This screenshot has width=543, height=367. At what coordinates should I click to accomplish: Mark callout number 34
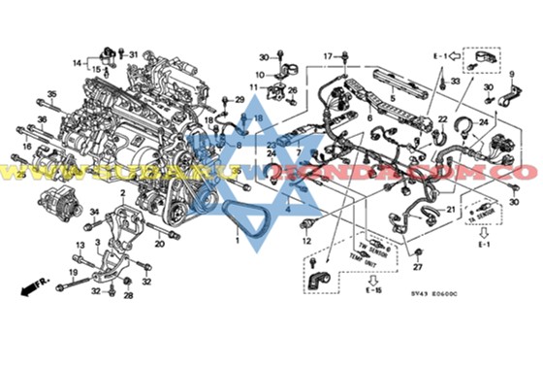95,211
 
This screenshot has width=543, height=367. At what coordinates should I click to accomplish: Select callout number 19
73,273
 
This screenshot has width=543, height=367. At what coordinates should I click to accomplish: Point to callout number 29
240,99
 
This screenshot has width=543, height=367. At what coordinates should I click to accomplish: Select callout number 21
451,210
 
